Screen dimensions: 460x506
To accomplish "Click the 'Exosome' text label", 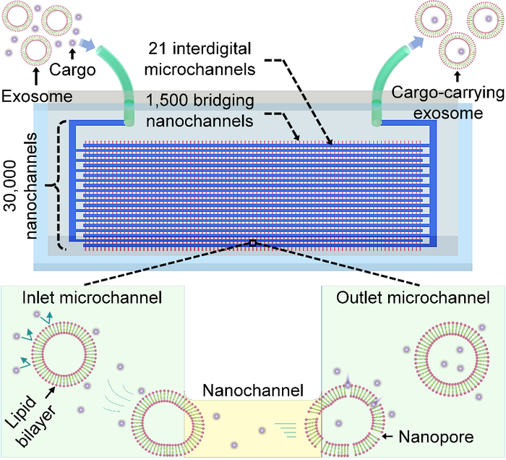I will tap(33, 95).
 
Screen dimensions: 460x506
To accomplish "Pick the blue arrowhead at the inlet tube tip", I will tap(85, 46).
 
